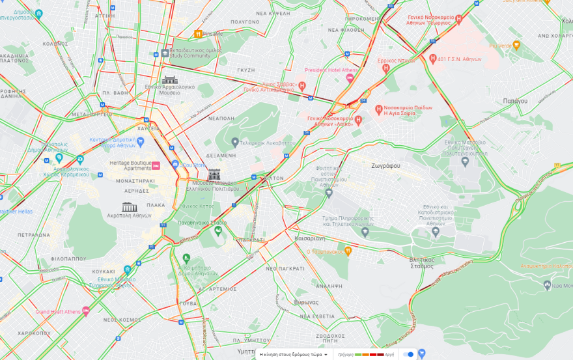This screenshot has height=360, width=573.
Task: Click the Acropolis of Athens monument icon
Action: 129,207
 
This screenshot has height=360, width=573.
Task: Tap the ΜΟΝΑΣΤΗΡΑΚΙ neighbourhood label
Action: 135,180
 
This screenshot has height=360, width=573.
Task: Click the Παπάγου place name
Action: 515,101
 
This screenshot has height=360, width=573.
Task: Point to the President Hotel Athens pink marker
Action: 350,78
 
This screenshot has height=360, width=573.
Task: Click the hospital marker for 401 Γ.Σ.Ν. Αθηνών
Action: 433,59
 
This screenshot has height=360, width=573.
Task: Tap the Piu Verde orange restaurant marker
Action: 516,45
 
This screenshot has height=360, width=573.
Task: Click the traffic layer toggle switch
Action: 408,354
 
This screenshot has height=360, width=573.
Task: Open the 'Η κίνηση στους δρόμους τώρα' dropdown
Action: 293,355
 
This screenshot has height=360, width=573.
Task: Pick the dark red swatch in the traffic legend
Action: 380,355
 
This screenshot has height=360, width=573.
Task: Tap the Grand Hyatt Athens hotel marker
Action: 86,311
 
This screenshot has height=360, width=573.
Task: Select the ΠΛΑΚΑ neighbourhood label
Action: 156,205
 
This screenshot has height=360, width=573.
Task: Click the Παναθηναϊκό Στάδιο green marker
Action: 218,230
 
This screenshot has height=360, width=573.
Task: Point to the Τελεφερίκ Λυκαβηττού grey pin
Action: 235,141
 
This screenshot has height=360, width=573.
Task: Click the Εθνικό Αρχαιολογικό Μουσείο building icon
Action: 170,79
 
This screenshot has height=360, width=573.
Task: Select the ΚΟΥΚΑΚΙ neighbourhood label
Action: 104,270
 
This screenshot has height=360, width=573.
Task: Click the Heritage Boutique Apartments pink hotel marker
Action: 156,165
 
